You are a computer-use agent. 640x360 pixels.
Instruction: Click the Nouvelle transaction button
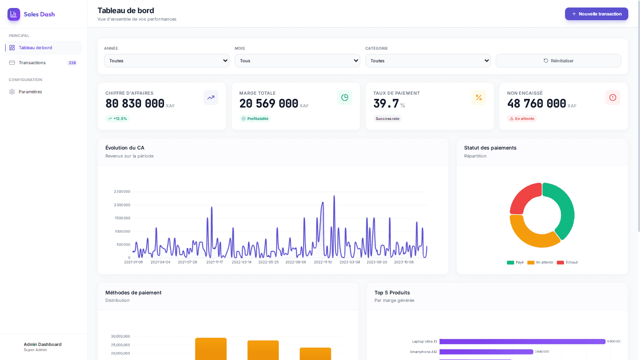click(x=596, y=14)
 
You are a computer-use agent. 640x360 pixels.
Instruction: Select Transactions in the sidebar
click(x=32, y=63)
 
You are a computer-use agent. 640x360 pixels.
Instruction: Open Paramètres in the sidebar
click(x=30, y=92)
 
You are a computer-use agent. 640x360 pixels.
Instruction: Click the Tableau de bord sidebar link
click(x=35, y=48)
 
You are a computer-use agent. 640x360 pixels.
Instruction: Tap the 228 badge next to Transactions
click(x=72, y=63)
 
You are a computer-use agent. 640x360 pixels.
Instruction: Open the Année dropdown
click(x=166, y=60)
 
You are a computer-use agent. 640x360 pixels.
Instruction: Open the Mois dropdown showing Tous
click(x=297, y=60)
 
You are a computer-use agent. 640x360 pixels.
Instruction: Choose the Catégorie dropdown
click(x=428, y=60)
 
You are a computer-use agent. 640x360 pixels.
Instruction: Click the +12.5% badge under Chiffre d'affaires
click(x=117, y=119)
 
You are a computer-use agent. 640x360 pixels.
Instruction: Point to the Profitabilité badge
click(x=255, y=119)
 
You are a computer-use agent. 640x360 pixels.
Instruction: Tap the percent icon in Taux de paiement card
click(x=478, y=97)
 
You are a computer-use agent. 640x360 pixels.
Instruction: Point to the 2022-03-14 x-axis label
click(x=241, y=262)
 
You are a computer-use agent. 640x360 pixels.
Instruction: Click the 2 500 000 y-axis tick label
click(x=122, y=192)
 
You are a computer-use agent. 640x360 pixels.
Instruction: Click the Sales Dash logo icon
click(x=14, y=14)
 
